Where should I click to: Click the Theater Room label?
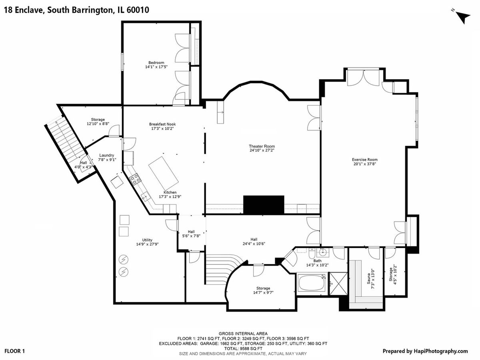262,146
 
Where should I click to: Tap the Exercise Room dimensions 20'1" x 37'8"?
364,164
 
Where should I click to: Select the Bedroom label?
156,62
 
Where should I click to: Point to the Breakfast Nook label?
162,124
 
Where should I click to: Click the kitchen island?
164,170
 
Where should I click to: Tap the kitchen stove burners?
135,179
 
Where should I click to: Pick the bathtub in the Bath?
312,283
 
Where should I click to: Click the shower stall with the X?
338,284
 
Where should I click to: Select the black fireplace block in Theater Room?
264,205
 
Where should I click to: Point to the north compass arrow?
462,18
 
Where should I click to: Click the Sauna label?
369,278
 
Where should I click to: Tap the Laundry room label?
107,155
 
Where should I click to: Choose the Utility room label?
147,240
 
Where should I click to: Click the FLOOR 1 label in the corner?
15,351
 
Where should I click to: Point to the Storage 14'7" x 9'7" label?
263,290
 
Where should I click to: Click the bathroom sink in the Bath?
324,253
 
